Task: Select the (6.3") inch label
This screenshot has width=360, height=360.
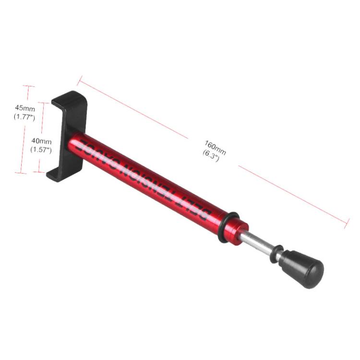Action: click(x=211, y=156)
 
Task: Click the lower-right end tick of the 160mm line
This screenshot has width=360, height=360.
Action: click(x=347, y=222)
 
